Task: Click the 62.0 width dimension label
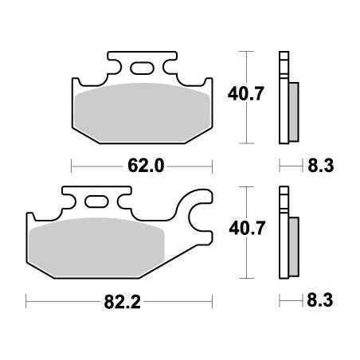click(x=143, y=166)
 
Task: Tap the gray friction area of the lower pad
click(x=96, y=245)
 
